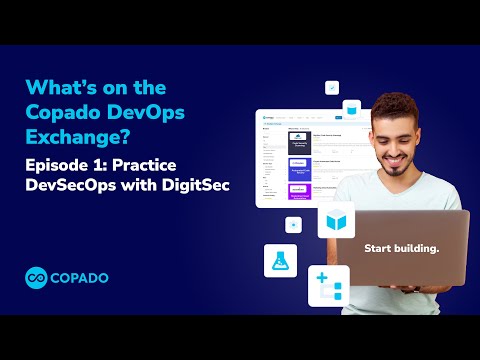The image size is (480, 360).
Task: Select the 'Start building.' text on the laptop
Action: pyautogui.click(x=399, y=247)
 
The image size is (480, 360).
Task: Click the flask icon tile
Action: pyautogui.click(x=280, y=260)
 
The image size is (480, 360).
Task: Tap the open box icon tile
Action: pyautogui.click(x=336, y=220)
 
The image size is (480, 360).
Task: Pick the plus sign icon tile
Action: pyautogui.click(x=328, y=286)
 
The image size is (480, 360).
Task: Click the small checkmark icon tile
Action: pyautogui.click(x=332, y=87)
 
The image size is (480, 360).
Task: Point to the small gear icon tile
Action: pyautogui.click(x=293, y=224)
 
